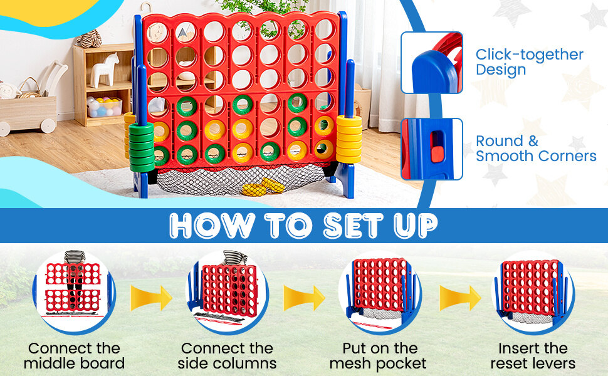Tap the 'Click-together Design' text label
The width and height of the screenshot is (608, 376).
[x=529, y=61]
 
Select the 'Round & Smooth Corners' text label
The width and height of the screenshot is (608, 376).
[x=536, y=149]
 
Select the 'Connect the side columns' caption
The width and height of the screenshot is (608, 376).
[x=227, y=355]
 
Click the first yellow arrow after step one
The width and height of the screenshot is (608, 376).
[x=151, y=298]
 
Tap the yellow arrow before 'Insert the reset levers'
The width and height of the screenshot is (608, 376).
[x=461, y=298]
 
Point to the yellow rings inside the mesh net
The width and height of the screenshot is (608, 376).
[x=263, y=186]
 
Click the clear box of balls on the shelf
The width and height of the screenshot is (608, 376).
[x=105, y=107]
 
